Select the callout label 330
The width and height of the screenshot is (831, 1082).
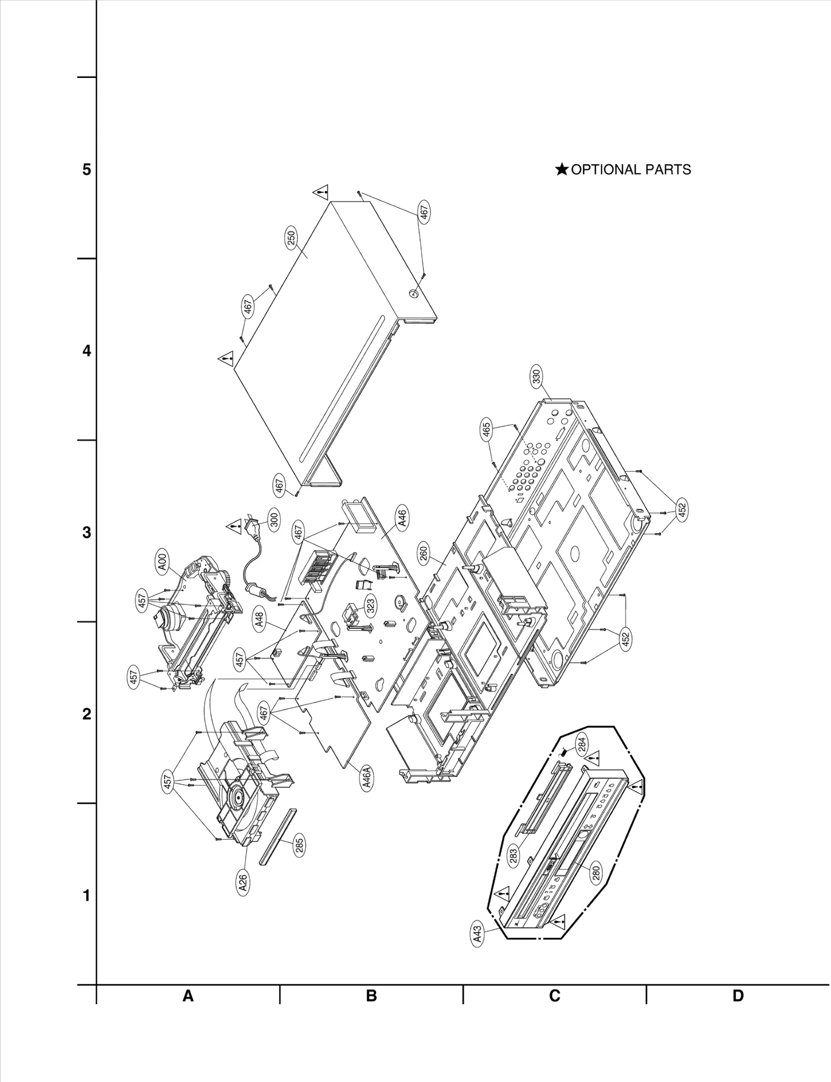(x=537, y=376)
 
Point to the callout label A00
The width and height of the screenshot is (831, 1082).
(x=163, y=563)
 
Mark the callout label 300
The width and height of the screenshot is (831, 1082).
(x=275, y=518)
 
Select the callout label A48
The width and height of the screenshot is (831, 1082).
(x=260, y=620)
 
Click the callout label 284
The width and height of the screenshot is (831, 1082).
(x=582, y=745)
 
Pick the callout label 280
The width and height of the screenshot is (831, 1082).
(x=596, y=872)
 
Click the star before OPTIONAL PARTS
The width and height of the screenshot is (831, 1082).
(x=561, y=169)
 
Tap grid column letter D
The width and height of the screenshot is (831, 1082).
(x=738, y=996)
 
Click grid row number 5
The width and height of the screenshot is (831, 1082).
(x=87, y=169)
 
